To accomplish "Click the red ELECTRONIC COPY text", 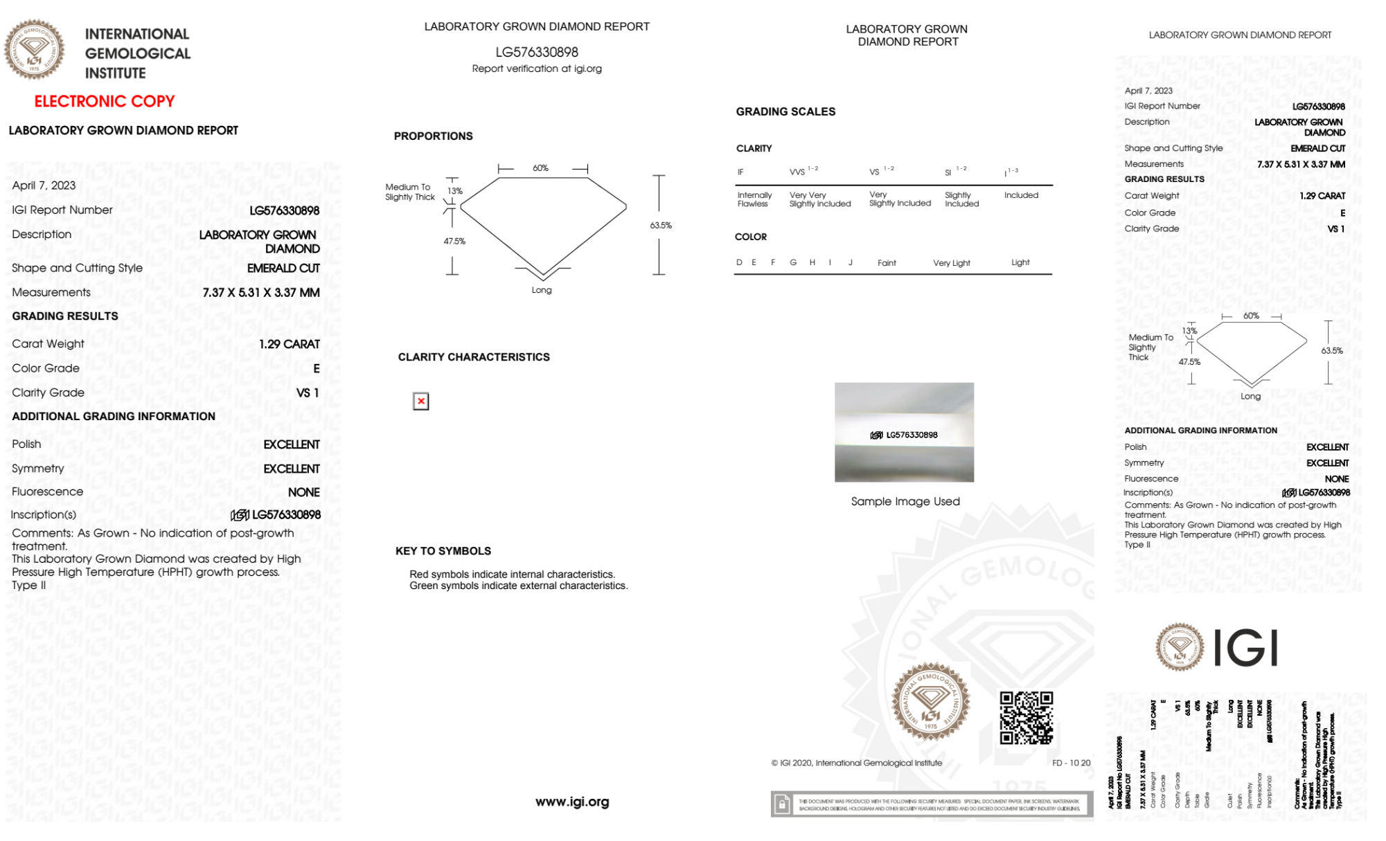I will coord(105,101).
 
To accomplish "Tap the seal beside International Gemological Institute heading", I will coord(34,49).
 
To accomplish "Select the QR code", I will coord(1026,717).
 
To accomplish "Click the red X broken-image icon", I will coord(420,401).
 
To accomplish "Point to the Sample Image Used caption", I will coord(905,501).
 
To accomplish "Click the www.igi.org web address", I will coord(571,802).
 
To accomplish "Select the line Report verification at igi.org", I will coord(536,69).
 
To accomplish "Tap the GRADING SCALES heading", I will coord(785,111).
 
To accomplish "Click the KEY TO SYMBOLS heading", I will coord(443,551).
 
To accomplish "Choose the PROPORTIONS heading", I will coord(433,136).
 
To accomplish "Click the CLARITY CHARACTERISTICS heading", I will coord(473,356).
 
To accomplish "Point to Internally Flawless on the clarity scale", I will coord(754,199).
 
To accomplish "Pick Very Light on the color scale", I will coord(951,263).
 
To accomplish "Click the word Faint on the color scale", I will coord(886,263).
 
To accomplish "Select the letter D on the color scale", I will coord(739,262).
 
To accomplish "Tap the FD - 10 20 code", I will coord(1070,763).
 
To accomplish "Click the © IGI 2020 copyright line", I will coord(856,763).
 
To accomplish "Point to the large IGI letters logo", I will coord(1246,648).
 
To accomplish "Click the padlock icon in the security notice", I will coord(782,804).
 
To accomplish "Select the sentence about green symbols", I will coord(518,586).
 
